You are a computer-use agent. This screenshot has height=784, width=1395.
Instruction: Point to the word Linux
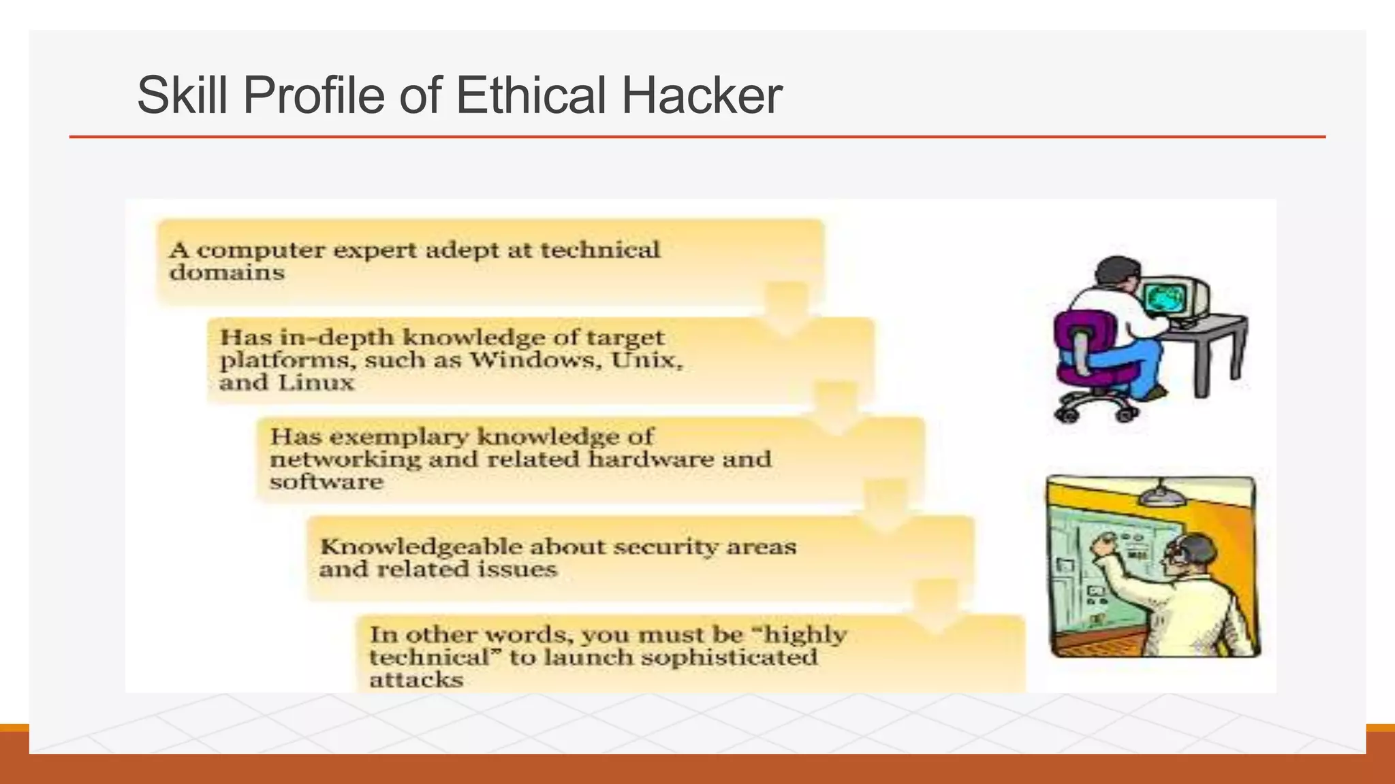316,382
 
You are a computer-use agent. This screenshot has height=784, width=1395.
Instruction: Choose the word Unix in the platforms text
646,359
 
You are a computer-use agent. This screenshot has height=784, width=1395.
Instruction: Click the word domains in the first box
227,273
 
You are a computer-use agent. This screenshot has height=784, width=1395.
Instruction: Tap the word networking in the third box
345,459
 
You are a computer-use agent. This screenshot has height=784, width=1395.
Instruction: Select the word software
326,482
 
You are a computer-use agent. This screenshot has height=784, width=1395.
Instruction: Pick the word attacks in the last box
416,680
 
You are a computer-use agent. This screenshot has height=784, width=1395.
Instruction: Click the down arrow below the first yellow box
787,310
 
